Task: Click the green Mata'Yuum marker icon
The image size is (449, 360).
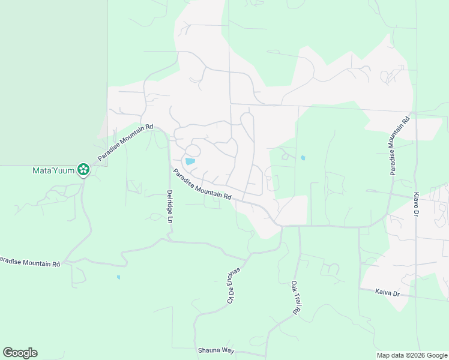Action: click(x=83, y=170)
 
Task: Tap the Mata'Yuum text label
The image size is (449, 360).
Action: click(x=53, y=170)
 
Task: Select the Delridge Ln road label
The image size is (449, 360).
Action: click(x=170, y=208)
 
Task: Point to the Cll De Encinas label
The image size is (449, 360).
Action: click(x=234, y=285)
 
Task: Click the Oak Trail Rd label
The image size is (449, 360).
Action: click(x=295, y=298)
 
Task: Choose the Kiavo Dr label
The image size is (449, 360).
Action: click(x=416, y=205)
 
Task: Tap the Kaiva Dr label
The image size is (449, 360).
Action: click(x=387, y=293)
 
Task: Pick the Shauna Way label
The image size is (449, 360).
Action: click(x=215, y=350)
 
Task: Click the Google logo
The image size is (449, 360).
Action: click(x=20, y=353)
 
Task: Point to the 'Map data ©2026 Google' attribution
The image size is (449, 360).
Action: click(x=412, y=355)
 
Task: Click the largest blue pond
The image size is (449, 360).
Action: click(x=190, y=161)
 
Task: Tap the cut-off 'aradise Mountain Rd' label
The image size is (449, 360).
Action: click(x=30, y=262)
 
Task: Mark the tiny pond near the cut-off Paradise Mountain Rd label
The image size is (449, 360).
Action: click(x=118, y=277)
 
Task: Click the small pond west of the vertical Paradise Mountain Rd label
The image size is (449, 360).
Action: click(x=303, y=158)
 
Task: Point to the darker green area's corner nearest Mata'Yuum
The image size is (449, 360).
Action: click(x=107, y=165)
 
